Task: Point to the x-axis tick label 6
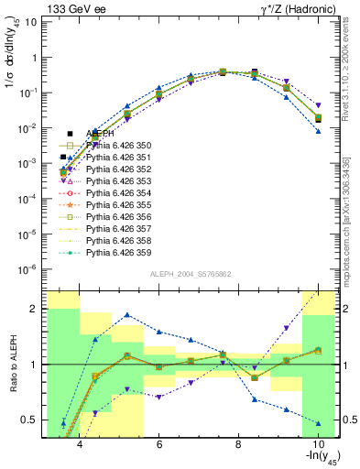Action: pos(159,444)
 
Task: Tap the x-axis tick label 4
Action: pos(81,444)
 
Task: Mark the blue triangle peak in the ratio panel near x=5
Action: pos(127,314)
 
